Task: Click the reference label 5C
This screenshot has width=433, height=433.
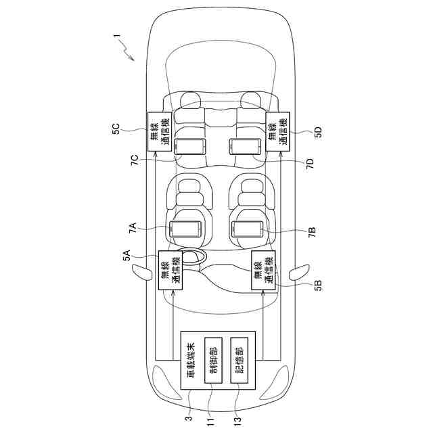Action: tap(116, 129)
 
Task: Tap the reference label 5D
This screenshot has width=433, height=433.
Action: tap(318, 133)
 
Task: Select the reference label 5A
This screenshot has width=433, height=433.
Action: tap(127, 255)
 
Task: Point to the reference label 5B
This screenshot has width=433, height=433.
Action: tap(318, 286)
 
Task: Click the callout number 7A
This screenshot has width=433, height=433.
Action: tap(133, 228)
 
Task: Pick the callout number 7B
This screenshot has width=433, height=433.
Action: tap(312, 233)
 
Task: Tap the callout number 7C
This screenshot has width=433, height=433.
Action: tap(135, 160)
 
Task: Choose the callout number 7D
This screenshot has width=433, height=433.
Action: tap(310, 164)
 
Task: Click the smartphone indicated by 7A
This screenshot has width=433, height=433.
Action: tap(185, 229)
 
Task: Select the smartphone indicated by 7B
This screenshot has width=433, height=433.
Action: tap(247, 229)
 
